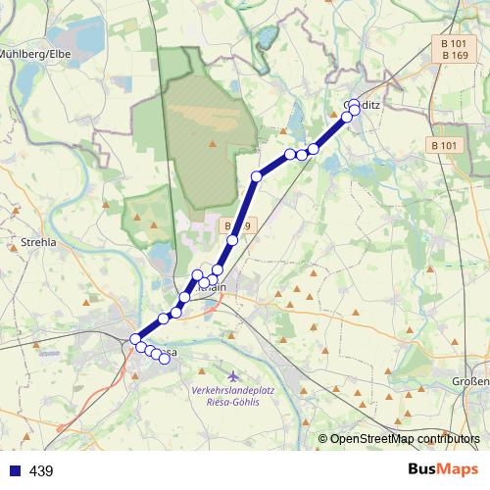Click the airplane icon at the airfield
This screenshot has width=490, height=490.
point(231,376)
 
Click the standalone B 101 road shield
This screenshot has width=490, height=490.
point(444,145)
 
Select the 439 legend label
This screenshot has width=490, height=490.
point(41,471)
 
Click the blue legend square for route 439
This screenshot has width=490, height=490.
point(14,471)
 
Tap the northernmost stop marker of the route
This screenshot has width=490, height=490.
point(355,103)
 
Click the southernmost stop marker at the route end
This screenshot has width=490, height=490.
point(164,359)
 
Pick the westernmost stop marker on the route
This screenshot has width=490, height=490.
point(135,339)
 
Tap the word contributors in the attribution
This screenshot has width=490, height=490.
point(447,438)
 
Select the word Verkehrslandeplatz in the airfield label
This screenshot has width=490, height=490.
point(231,391)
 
